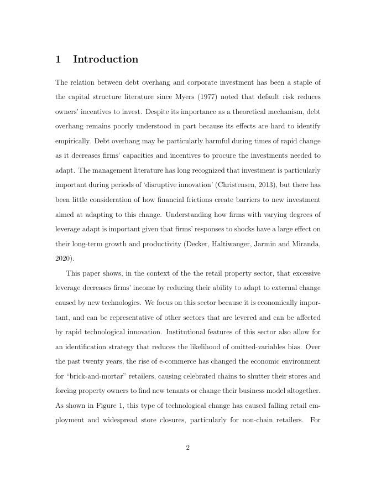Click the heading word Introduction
click(x=106, y=60)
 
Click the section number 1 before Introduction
click(x=58, y=60)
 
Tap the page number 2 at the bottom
click(x=188, y=448)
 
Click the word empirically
click(x=72, y=141)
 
